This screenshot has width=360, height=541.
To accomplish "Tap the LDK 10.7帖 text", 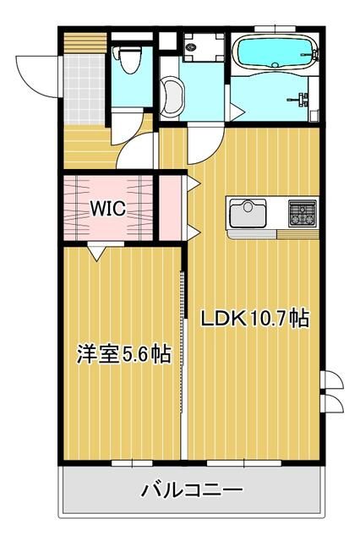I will [254, 319].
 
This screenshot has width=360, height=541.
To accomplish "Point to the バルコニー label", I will [193, 489].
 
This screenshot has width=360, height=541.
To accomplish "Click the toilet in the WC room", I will [128, 61].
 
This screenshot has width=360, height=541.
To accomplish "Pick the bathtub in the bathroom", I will [274, 53].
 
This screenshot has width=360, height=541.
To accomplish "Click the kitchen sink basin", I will [246, 210].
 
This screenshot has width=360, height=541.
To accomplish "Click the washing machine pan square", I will [202, 43].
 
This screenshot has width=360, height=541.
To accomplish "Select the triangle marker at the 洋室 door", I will [99, 250].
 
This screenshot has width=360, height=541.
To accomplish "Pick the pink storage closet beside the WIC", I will [172, 205].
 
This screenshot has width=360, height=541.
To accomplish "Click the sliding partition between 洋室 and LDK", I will [183, 355].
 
